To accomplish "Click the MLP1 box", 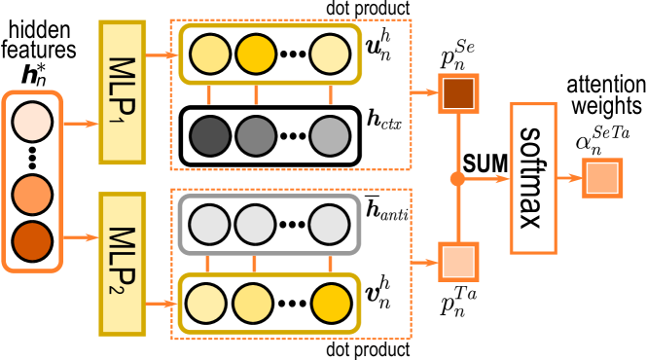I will click(x=122, y=92).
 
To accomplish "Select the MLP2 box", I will click(x=122, y=264).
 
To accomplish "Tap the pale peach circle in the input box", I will click(x=32, y=123).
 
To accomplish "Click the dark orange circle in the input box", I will click(x=32, y=241).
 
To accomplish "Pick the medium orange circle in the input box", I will click(x=32, y=195).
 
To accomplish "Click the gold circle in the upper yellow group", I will click(x=256, y=54).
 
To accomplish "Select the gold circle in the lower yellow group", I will click(x=332, y=304).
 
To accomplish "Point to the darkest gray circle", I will click(x=209, y=136).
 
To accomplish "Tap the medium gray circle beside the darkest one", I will click(x=256, y=136).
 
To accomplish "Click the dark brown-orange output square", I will click(x=458, y=93).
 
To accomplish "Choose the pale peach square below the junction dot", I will click(x=458, y=262).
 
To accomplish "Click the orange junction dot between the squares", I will click(x=457, y=179).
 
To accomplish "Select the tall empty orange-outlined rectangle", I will click(x=533, y=178).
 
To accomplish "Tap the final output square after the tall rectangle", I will click(x=602, y=178).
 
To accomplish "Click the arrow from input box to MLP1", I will click(x=81, y=124).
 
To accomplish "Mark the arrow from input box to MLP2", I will click(x=81, y=237).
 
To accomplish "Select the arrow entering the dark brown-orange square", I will click(x=424, y=93).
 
